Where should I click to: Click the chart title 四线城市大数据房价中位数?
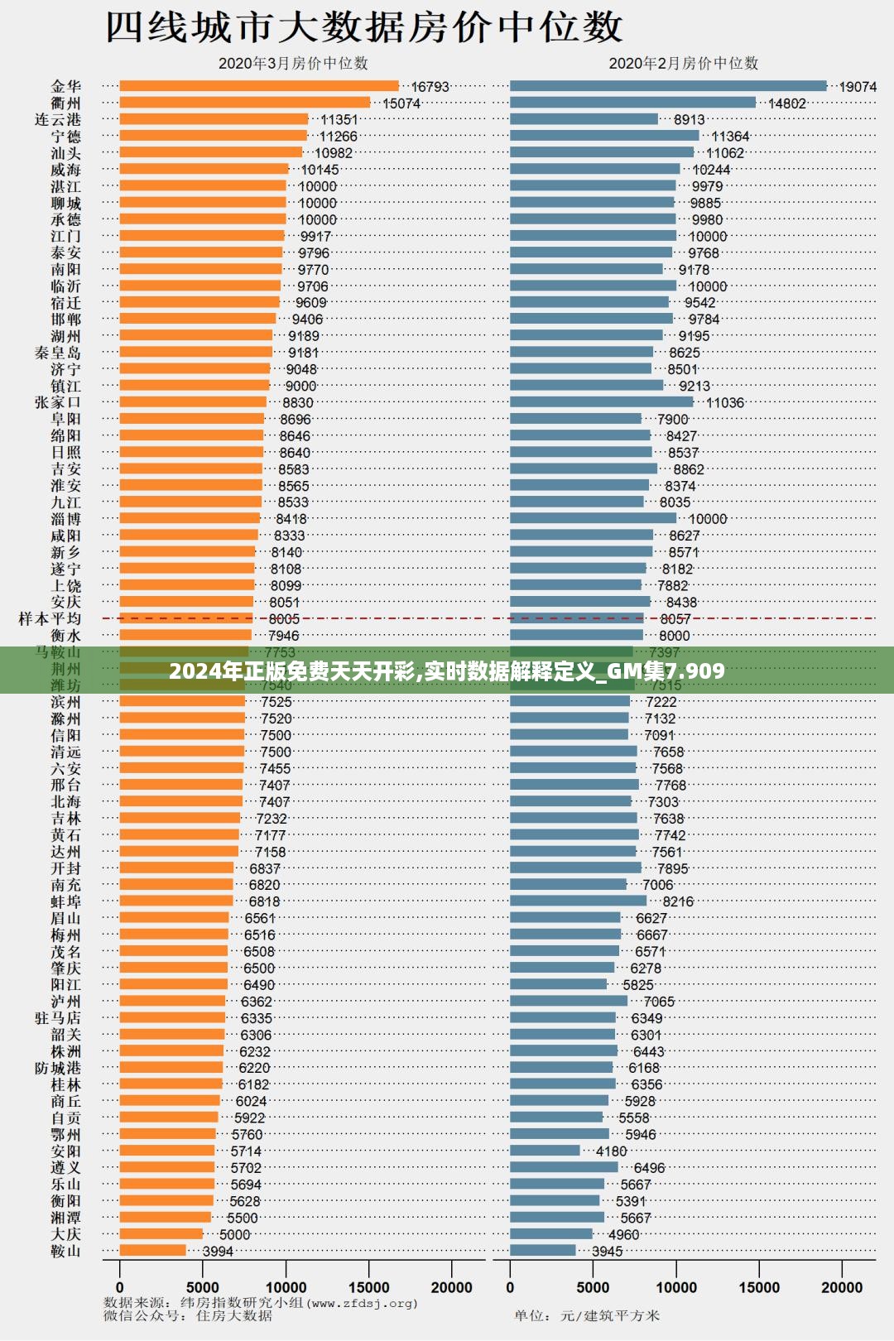tap(364, 26)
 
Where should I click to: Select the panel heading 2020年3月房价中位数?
tap(293, 64)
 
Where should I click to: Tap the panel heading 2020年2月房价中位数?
tap(683, 64)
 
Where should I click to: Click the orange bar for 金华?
tap(258, 86)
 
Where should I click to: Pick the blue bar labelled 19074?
tap(667, 86)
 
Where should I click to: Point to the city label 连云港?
tap(58, 120)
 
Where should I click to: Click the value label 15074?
tap(401, 103)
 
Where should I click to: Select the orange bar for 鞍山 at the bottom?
tap(152, 1251)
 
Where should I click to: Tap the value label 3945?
tap(608, 1252)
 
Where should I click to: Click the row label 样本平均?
tap(50, 619)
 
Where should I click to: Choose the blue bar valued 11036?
tap(601, 402)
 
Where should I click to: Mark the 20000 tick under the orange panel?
tap(451, 1287)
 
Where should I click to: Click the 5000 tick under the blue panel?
tap(593, 1287)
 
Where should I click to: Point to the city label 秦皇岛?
tap(58, 353)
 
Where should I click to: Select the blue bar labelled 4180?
tap(545, 1151)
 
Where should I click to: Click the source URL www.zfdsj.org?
tap(363, 1303)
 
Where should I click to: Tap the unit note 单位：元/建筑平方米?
tap(586, 1315)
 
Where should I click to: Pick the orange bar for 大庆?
tap(161, 1234)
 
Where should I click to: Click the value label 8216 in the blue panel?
tap(678, 901)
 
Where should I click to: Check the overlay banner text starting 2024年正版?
tap(447, 670)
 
